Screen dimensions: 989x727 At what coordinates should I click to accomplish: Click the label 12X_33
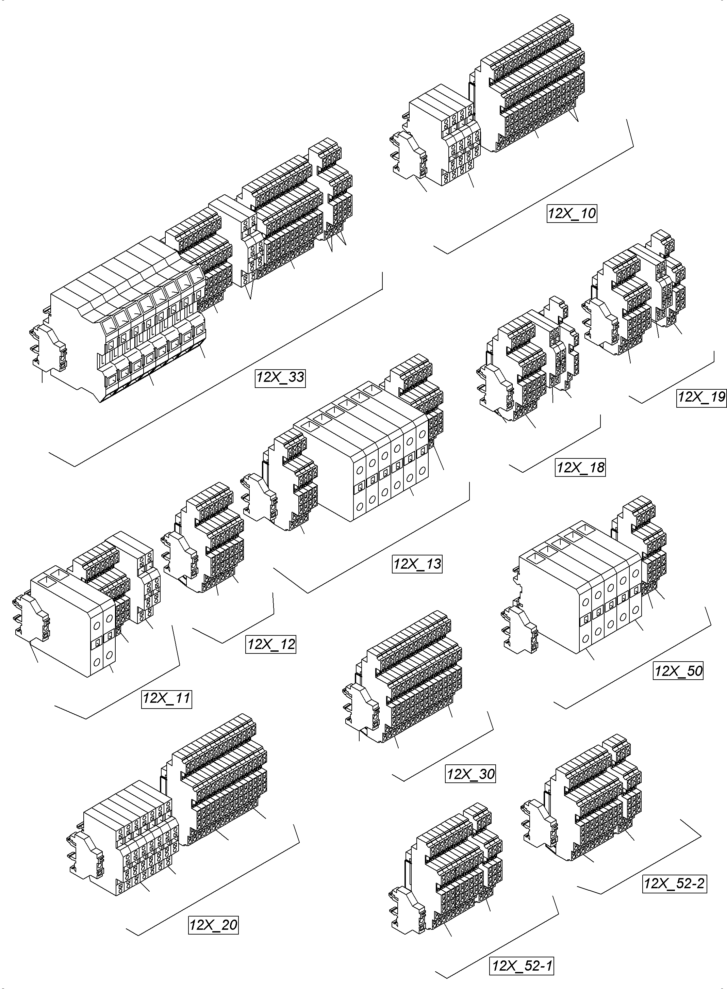coord(280,378)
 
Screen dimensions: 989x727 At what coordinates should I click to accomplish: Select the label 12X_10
coord(572,213)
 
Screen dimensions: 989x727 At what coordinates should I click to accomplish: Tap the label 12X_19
coord(701,397)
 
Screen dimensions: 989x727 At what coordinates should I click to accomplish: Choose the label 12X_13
coord(417,564)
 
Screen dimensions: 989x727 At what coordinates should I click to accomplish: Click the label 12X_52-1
coord(522,966)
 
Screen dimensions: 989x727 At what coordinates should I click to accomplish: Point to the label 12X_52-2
coord(675,883)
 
